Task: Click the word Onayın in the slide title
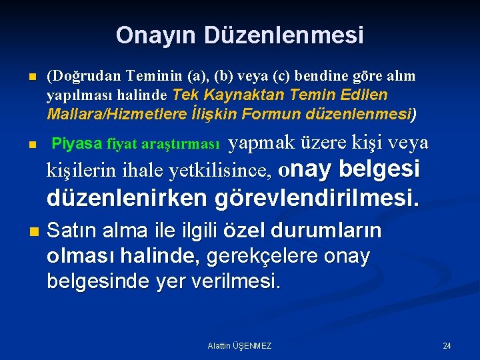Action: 157,35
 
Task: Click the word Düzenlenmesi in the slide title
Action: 284,35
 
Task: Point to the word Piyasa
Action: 77,143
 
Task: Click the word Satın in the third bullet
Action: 70,231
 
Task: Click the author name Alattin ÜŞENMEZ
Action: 239,346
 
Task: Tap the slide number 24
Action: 447,346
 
